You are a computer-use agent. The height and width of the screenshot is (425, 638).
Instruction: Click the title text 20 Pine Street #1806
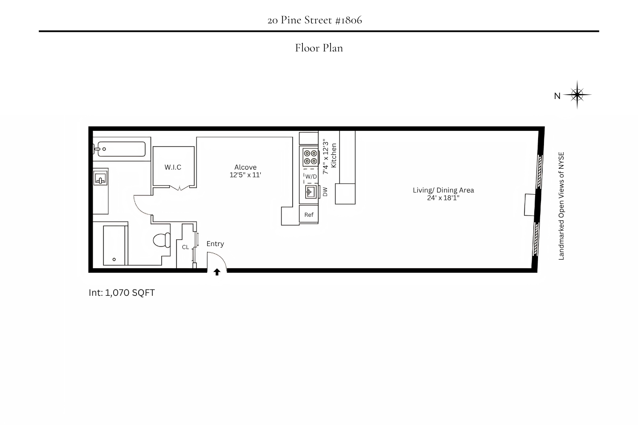tap(315, 20)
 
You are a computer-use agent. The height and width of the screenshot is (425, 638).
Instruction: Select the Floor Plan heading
tap(319, 48)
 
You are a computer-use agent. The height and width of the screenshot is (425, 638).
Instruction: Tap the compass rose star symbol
tap(577, 95)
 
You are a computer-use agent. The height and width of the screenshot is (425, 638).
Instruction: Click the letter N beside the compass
tap(557, 96)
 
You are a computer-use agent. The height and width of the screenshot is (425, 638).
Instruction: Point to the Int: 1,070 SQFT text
tap(122, 293)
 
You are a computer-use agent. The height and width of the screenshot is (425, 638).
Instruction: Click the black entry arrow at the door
tap(217, 272)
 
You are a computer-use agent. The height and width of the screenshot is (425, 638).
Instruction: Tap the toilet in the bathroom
tap(162, 240)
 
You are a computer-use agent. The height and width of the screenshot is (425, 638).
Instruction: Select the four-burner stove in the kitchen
tap(310, 157)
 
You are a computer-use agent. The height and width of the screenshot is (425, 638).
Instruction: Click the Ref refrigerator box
tap(309, 215)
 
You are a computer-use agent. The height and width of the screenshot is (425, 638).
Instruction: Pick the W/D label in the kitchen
tap(311, 176)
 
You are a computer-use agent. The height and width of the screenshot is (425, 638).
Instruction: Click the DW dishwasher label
tap(325, 192)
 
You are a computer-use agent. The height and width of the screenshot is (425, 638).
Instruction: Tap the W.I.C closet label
tap(173, 167)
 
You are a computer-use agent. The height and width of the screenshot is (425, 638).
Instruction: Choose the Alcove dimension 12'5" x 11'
tap(245, 175)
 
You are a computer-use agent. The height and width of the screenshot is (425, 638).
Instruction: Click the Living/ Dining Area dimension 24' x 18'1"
tap(443, 198)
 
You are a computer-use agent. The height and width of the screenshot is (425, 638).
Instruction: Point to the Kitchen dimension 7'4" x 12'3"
tap(326, 156)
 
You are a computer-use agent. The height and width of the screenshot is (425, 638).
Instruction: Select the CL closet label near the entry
tap(185, 247)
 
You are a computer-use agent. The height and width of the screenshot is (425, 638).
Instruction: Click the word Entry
tap(215, 244)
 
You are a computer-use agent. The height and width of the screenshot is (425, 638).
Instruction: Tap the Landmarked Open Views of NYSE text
tap(561, 206)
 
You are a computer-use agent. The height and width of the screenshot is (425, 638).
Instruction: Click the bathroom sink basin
tap(100, 178)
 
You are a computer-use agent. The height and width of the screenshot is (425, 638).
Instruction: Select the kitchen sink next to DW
tap(311, 192)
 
